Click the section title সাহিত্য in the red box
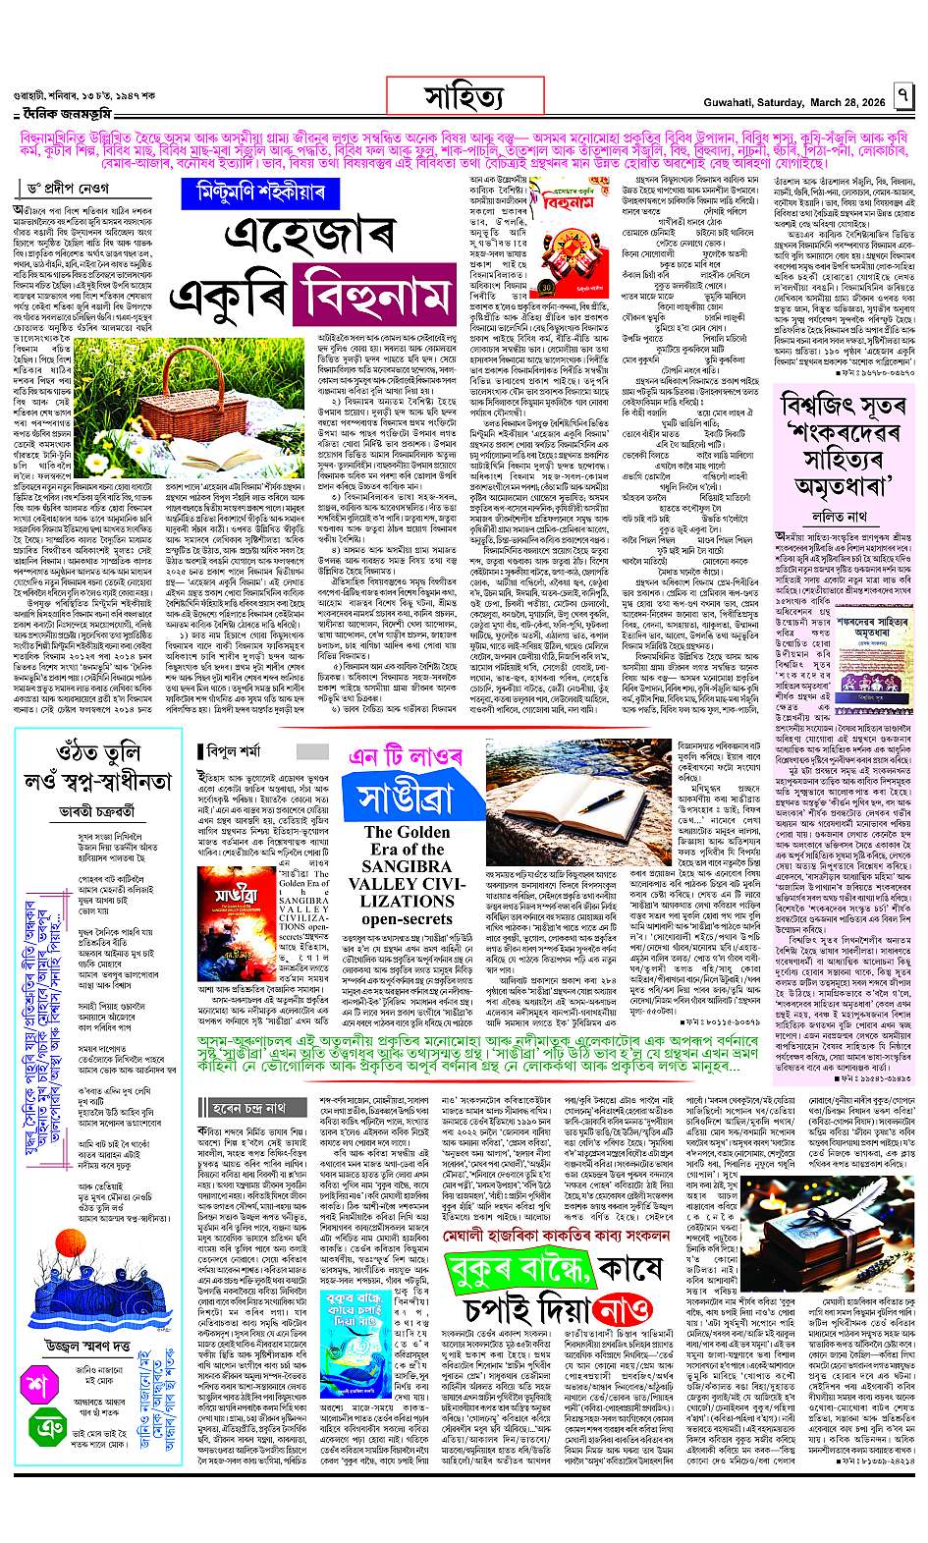pyautogui.click(x=464, y=99)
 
